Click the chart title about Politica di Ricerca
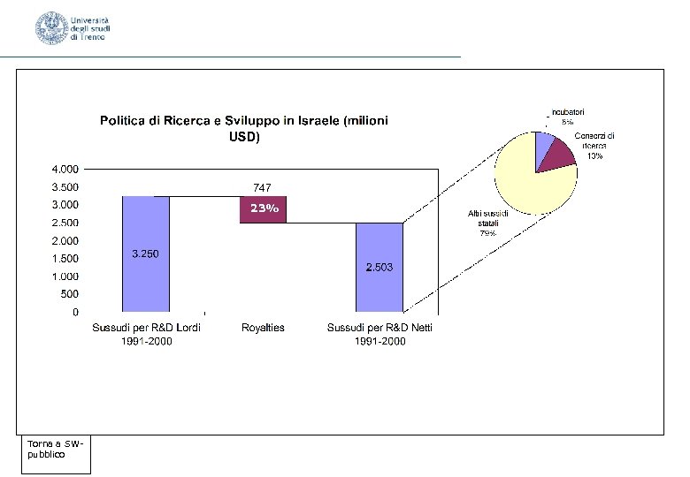(x=243, y=128)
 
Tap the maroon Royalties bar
(x=263, y=209)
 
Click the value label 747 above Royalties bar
(x=262, y=187)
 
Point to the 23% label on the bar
(x=264, y=209)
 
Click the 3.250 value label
(x=146, y=254)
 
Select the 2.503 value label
(x=379, y=267)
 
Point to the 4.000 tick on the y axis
(x=65, y=169)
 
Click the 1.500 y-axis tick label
(x=65, y=259)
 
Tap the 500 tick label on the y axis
(x=69, y=294)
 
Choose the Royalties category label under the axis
(x=263, y=328)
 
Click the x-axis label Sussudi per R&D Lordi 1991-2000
(x=147, y=334)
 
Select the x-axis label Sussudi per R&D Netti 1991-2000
(x=380, y=334)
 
